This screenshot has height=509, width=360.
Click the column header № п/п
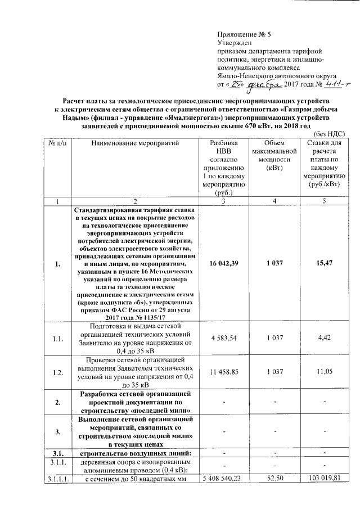pos(56,144)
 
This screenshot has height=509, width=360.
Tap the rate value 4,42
pos(328,337)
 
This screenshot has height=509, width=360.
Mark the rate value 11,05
pos(328,372)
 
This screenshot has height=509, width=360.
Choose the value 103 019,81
pos(328,479)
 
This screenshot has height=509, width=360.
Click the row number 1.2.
pos(56,372)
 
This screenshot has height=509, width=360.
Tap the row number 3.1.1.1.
pos(56,479)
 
